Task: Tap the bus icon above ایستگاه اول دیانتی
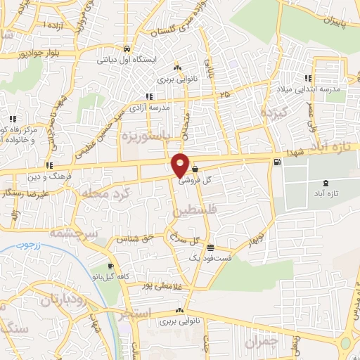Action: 126,49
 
